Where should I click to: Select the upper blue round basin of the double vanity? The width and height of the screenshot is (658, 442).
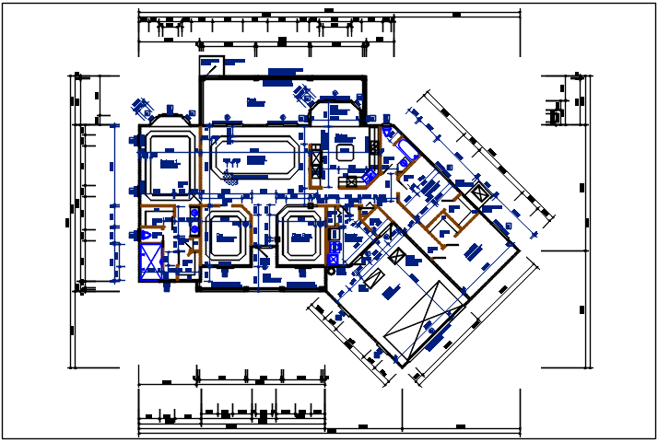194,215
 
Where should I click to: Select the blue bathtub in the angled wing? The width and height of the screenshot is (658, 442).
405,147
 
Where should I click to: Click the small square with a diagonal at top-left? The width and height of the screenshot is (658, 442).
212,65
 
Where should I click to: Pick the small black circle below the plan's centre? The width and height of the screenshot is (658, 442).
331,271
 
